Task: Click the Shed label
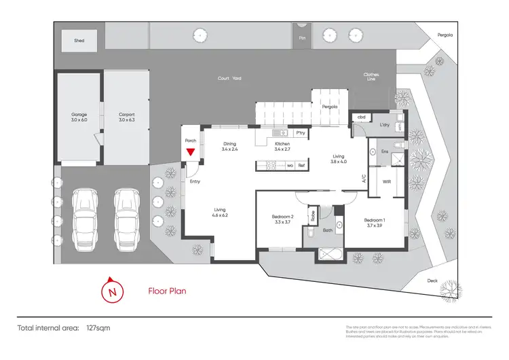click(x=79, y=41)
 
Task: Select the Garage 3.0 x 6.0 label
click(x=79, y=117)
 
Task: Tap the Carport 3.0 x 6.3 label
click(x=127, y=117)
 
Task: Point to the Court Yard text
click(x=229, y=78)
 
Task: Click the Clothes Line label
click(x=371, y=76)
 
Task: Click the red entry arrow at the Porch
click(x=191, y=151)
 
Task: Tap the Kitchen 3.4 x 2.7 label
click(x=282, y=147)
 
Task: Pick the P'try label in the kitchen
click(x=300, y=133)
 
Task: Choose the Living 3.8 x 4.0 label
click(x=338, y=158)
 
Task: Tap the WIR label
click(x=385, y=181)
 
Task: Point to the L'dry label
click(x=384, y=125)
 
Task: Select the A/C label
click(x=364, y=180)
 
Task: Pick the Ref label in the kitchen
click(x=301, y=165)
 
